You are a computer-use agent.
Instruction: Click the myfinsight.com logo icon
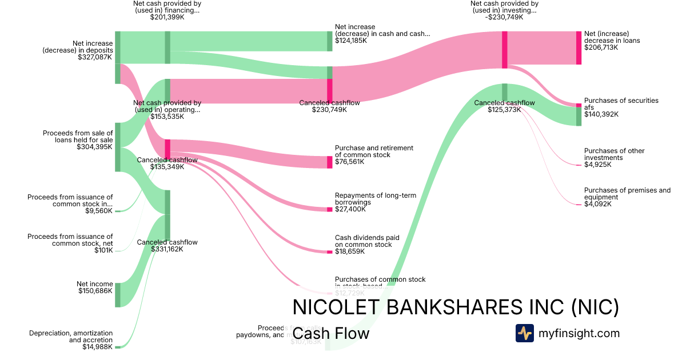pos(524,333)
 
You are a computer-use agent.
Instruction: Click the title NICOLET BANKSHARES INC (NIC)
pos(456,307)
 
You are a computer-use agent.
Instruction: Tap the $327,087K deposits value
pos(95,57)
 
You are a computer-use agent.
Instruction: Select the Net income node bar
pos(118,294)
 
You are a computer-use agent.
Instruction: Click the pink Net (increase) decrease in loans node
pos(579,48)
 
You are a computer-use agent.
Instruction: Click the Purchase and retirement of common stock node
pos(329,162)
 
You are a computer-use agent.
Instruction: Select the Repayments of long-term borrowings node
pos(329,210)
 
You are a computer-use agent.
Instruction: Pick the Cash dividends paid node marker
pos(329,251)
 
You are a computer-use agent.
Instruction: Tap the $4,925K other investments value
pos(597,165)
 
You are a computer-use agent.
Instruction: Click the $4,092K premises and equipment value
pos(597,204)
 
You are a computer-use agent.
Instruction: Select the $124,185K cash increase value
pos(350,41)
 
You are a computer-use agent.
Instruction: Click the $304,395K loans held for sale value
pos(95,147)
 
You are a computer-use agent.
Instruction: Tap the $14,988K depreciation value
pos(97,347)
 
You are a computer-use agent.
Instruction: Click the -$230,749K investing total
pos(504,17)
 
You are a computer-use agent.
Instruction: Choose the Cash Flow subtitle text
pos(331,333)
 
